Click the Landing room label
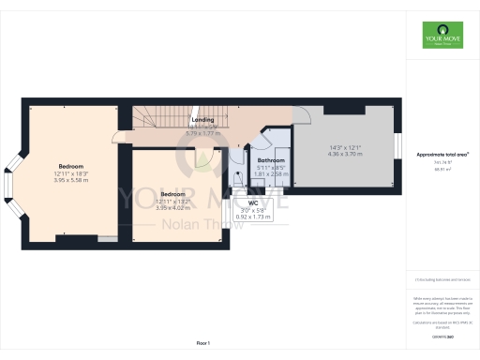(x=202, y=120)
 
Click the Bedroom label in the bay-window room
(x=70, y=165)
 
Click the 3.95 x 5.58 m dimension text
(x=70, y=179)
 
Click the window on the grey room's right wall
(x=397, y=148)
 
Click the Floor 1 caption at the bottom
(x=203, y=344)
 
